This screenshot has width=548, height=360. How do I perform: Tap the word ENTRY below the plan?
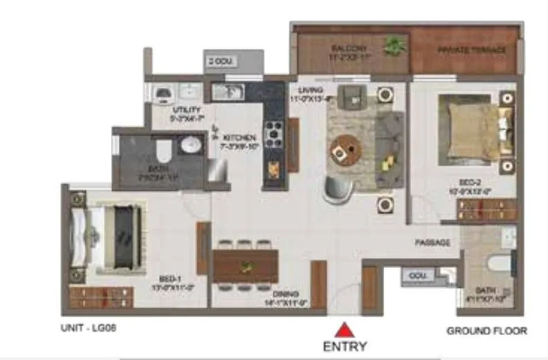click(345, 345)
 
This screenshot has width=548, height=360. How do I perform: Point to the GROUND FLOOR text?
click(486, 331)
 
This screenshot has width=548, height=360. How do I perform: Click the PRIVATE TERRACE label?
click(472, 50)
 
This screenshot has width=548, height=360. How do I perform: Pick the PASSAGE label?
click(432, 243)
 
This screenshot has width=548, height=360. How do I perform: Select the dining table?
click(244, 264)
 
